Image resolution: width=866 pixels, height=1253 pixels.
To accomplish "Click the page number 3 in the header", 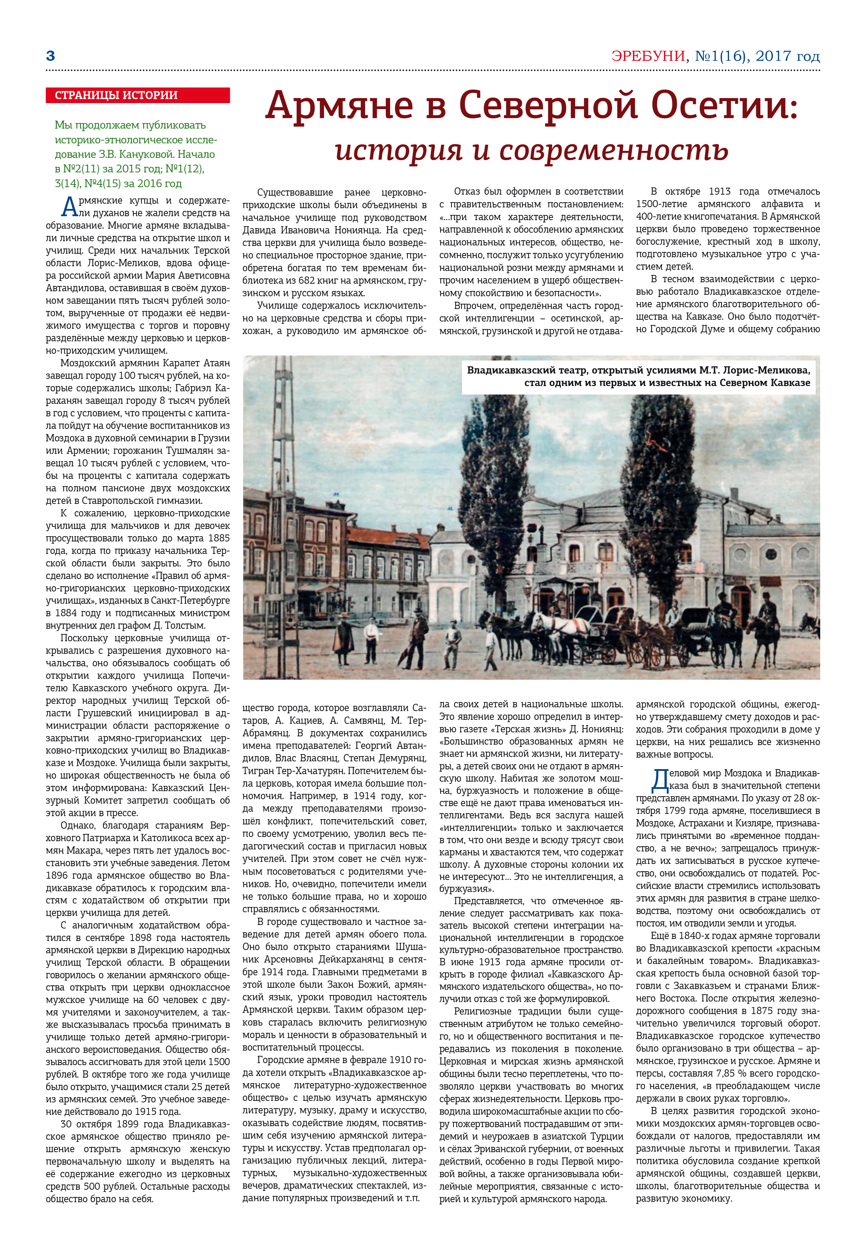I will click(51, 56).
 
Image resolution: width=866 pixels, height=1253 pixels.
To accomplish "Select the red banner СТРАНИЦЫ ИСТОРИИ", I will click(138, 96).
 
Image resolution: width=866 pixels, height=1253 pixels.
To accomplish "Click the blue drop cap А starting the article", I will click(70, 208).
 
